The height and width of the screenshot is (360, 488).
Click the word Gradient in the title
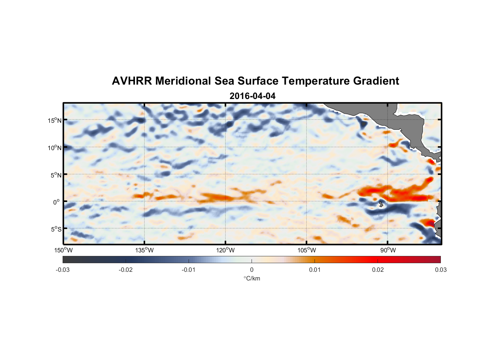click(376, 81)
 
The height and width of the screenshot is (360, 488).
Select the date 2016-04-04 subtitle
click(252, 96)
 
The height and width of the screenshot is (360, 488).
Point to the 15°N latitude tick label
click(55, 120)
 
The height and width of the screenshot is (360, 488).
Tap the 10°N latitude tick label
click(55, 148)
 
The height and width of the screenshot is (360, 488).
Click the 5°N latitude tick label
click(56, 175)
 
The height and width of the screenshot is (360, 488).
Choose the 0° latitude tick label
click(57, 202)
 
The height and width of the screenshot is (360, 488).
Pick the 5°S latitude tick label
click(56, 229)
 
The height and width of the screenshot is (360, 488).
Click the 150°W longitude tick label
click(64, 250)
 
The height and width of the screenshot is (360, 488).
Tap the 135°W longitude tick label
click(145, 250)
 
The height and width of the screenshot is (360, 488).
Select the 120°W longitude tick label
click(226, 250)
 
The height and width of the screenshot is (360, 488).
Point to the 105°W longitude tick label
click(307, 250)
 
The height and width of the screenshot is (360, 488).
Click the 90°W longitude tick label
click(388, 250)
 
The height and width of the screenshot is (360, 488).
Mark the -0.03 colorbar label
click(63, 270)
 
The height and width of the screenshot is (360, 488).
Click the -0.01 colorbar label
click(189, 270)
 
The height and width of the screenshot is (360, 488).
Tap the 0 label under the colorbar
click(252, 270)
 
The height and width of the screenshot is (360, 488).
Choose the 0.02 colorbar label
click(378, 270)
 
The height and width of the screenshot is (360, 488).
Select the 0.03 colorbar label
click(440, 270)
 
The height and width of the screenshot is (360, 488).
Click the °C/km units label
click(252, 278)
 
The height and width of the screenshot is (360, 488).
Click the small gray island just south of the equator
click(381, 204)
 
